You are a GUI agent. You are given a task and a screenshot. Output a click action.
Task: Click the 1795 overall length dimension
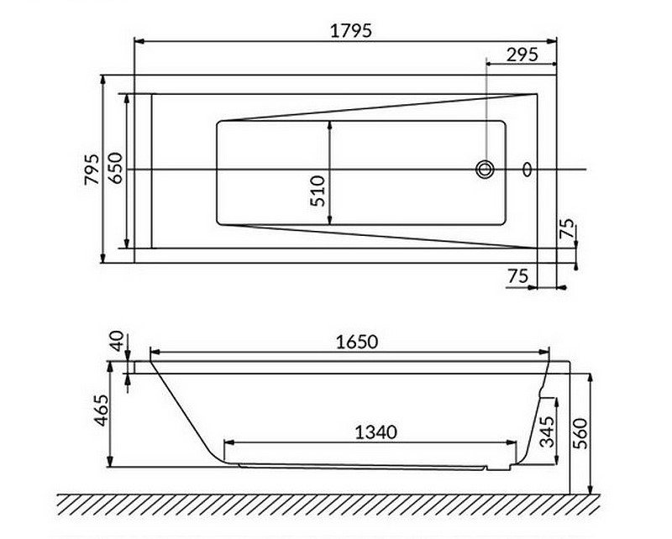tap(351, 30)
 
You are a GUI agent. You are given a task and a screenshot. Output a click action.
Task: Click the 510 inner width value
tap(318, 191)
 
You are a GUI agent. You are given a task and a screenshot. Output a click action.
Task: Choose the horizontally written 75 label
tap(517, 276)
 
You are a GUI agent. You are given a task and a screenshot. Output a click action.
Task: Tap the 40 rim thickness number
tap(118, 341)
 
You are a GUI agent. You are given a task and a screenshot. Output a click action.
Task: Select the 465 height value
tap(99, 411)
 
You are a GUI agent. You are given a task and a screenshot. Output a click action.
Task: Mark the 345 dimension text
tap(546, 432)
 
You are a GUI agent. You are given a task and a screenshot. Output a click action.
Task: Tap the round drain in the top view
tap(485, 170)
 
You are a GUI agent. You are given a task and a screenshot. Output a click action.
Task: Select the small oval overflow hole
tap(528, 170)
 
